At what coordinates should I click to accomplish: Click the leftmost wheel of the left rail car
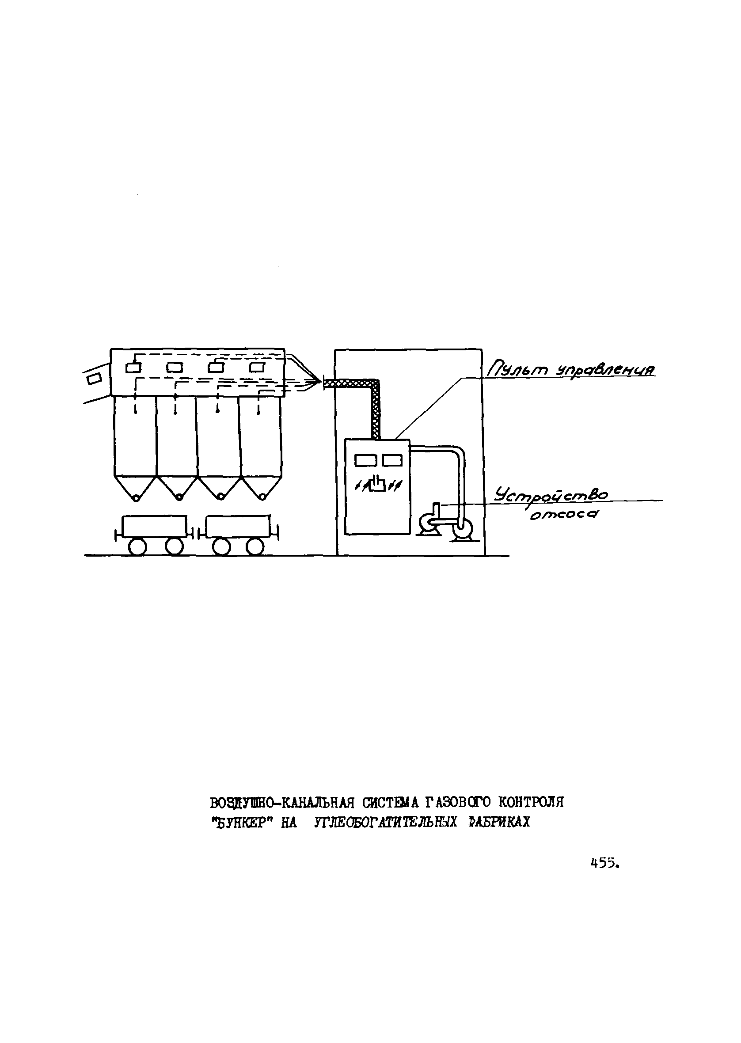coord(137,546)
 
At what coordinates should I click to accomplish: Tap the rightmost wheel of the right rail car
coord(254,546)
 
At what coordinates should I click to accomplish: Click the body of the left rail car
coord(155,526)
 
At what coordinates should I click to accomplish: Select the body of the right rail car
coord(238,526)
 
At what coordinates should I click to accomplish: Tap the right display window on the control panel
coord(392,460)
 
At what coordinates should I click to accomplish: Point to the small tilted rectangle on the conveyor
coord(95,378)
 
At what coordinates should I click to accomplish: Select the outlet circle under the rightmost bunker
coord(262,496)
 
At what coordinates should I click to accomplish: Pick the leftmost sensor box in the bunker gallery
coord(134,367)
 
